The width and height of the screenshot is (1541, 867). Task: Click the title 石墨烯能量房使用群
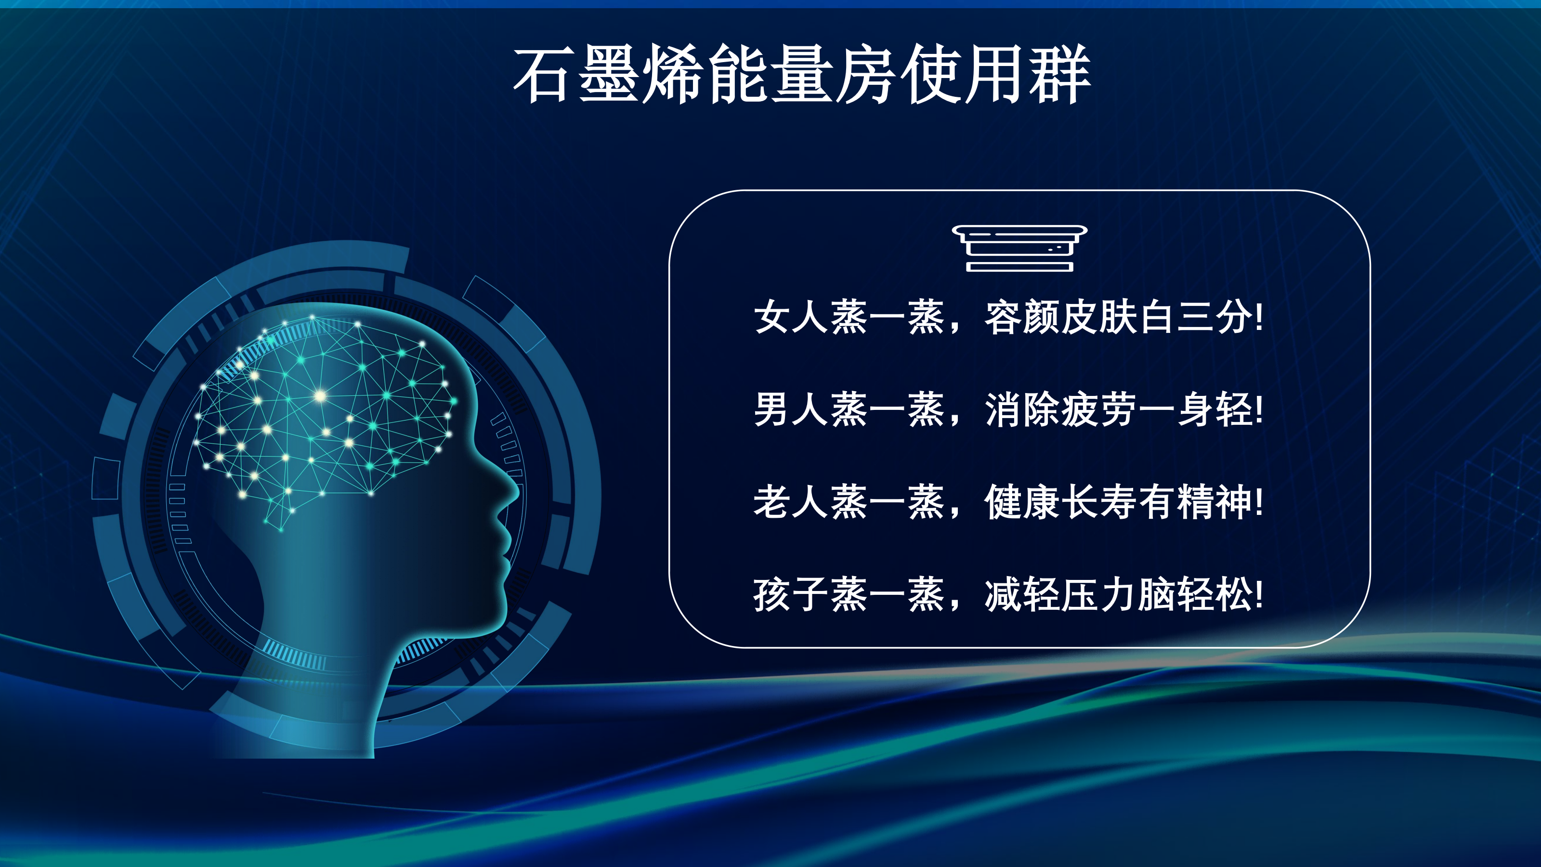pyautogui.click(x=802, y=75)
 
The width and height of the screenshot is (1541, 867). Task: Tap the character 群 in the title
pyautogui.click(x=1059, y=75)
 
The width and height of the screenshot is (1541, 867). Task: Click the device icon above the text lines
pyautogui.click(x=1019, y=249)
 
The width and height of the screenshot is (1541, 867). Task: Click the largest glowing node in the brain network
pyautogui.click(x=321, y=395)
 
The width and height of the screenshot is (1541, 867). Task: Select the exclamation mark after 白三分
pyautogui.click(x=1259, y=317)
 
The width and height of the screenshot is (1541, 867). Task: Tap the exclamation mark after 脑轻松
pyautogui.click(x=1259, y=595)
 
